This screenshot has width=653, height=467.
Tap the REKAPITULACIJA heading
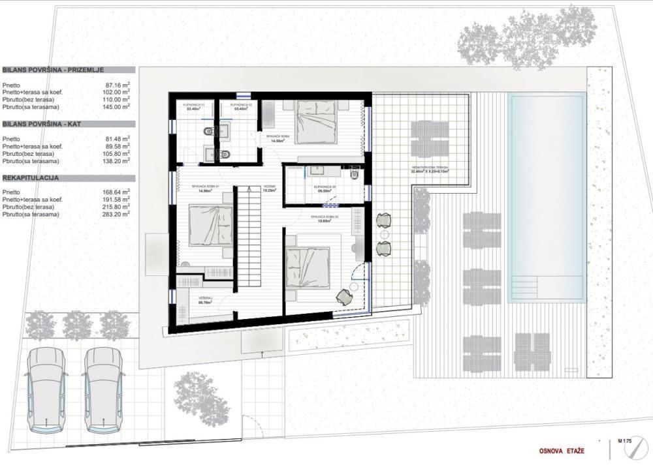pyautogui.click(x=33, y=177)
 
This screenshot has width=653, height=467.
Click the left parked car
pyautogui.click(x=46, y=390)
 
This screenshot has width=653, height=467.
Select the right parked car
pyautogui.click(x=104, y=390)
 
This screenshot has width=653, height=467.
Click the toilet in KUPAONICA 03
pyautogui.click(x=355, y=173)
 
